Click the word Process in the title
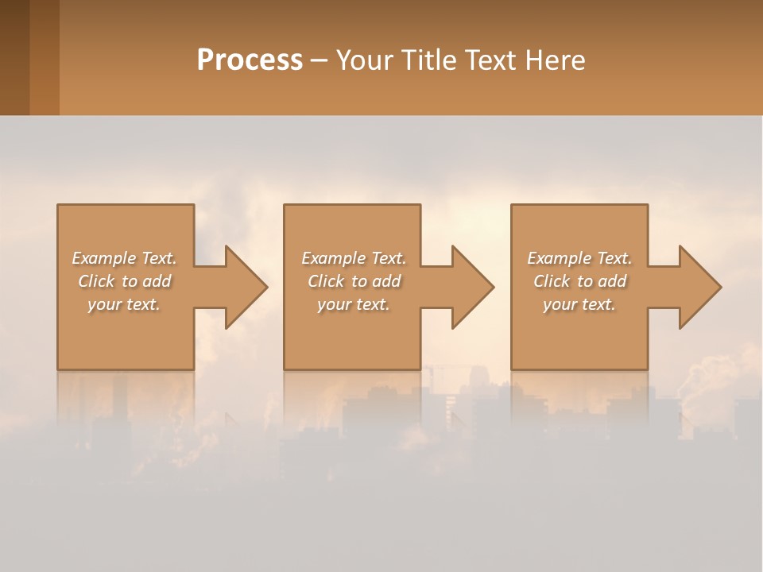coord(250,60)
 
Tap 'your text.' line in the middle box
coord(353,304)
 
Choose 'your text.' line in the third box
coord(579,304)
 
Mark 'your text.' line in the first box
coord(123,304)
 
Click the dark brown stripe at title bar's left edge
coord(14,57)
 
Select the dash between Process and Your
coord(319,60)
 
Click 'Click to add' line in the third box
coord(579,281)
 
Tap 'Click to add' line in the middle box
coord(354,281)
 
